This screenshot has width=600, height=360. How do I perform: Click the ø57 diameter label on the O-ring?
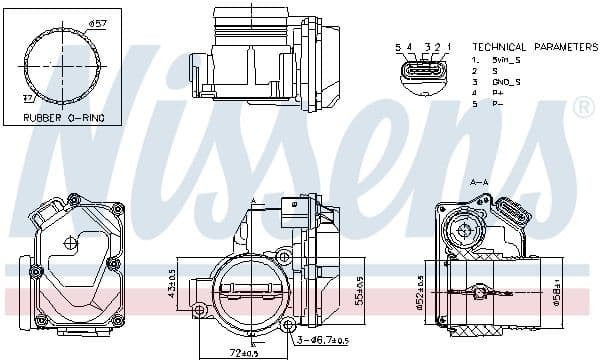click(97, 22)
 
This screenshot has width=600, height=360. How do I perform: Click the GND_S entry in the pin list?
click(505, 81)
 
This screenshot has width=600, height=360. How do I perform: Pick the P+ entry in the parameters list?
click(496, 92)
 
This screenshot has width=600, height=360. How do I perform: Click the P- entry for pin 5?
click(496, 103)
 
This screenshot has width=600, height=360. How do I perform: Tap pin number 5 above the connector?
click(397, 47)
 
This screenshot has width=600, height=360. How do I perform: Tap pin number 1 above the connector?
click(449, 47)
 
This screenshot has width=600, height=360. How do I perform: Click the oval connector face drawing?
click(422, 72)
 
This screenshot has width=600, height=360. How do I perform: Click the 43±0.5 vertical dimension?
click(171, 282)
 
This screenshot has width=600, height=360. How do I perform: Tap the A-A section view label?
click(479, 182)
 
